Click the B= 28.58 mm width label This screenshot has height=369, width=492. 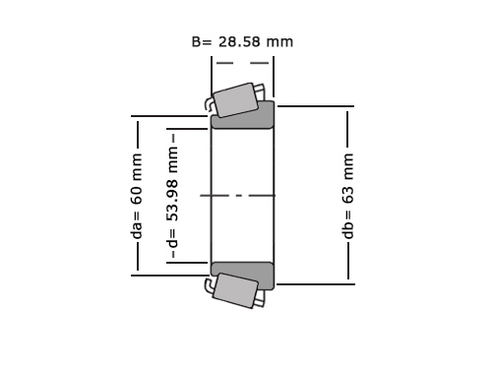[242, 42]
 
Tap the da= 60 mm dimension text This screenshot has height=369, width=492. [137, 196]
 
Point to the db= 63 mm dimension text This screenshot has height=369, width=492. [347, 196]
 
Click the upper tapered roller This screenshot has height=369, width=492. [235, 99]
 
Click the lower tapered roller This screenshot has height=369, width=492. [235, 290]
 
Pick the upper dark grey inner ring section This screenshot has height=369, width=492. [243, 115]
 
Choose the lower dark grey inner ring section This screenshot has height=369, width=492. [242, 277]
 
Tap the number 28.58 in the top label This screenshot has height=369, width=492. [239, 42]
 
